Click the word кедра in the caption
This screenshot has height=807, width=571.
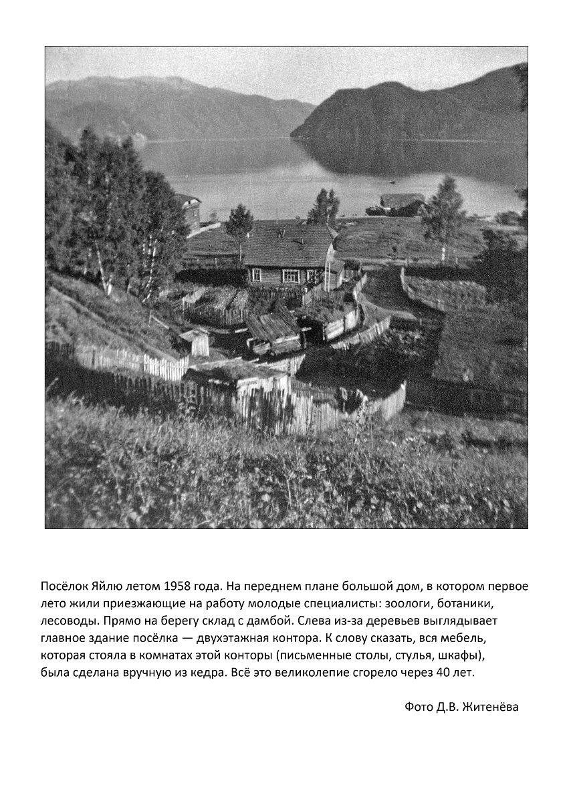[205, 673]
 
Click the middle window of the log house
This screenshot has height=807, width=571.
[291, 275]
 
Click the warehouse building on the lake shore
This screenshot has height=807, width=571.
[402, 202]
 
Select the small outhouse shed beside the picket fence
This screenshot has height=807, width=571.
[199, 343]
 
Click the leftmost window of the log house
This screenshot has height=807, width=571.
[256, 275]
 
